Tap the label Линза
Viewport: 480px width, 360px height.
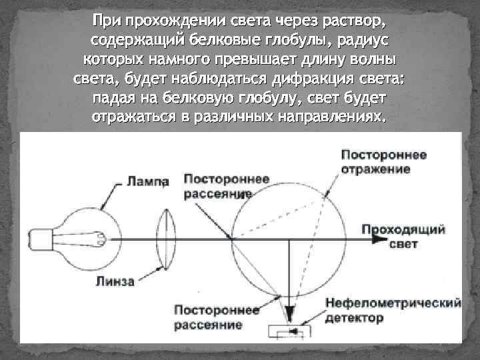click(x=117, y=281)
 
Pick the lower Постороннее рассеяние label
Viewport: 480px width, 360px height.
click(x=207, y=318)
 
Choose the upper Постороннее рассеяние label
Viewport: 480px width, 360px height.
click(x=217, y=186)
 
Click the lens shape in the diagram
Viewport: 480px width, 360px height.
click(x=167, y=238)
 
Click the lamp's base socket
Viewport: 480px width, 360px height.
click(x=42, y=238)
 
